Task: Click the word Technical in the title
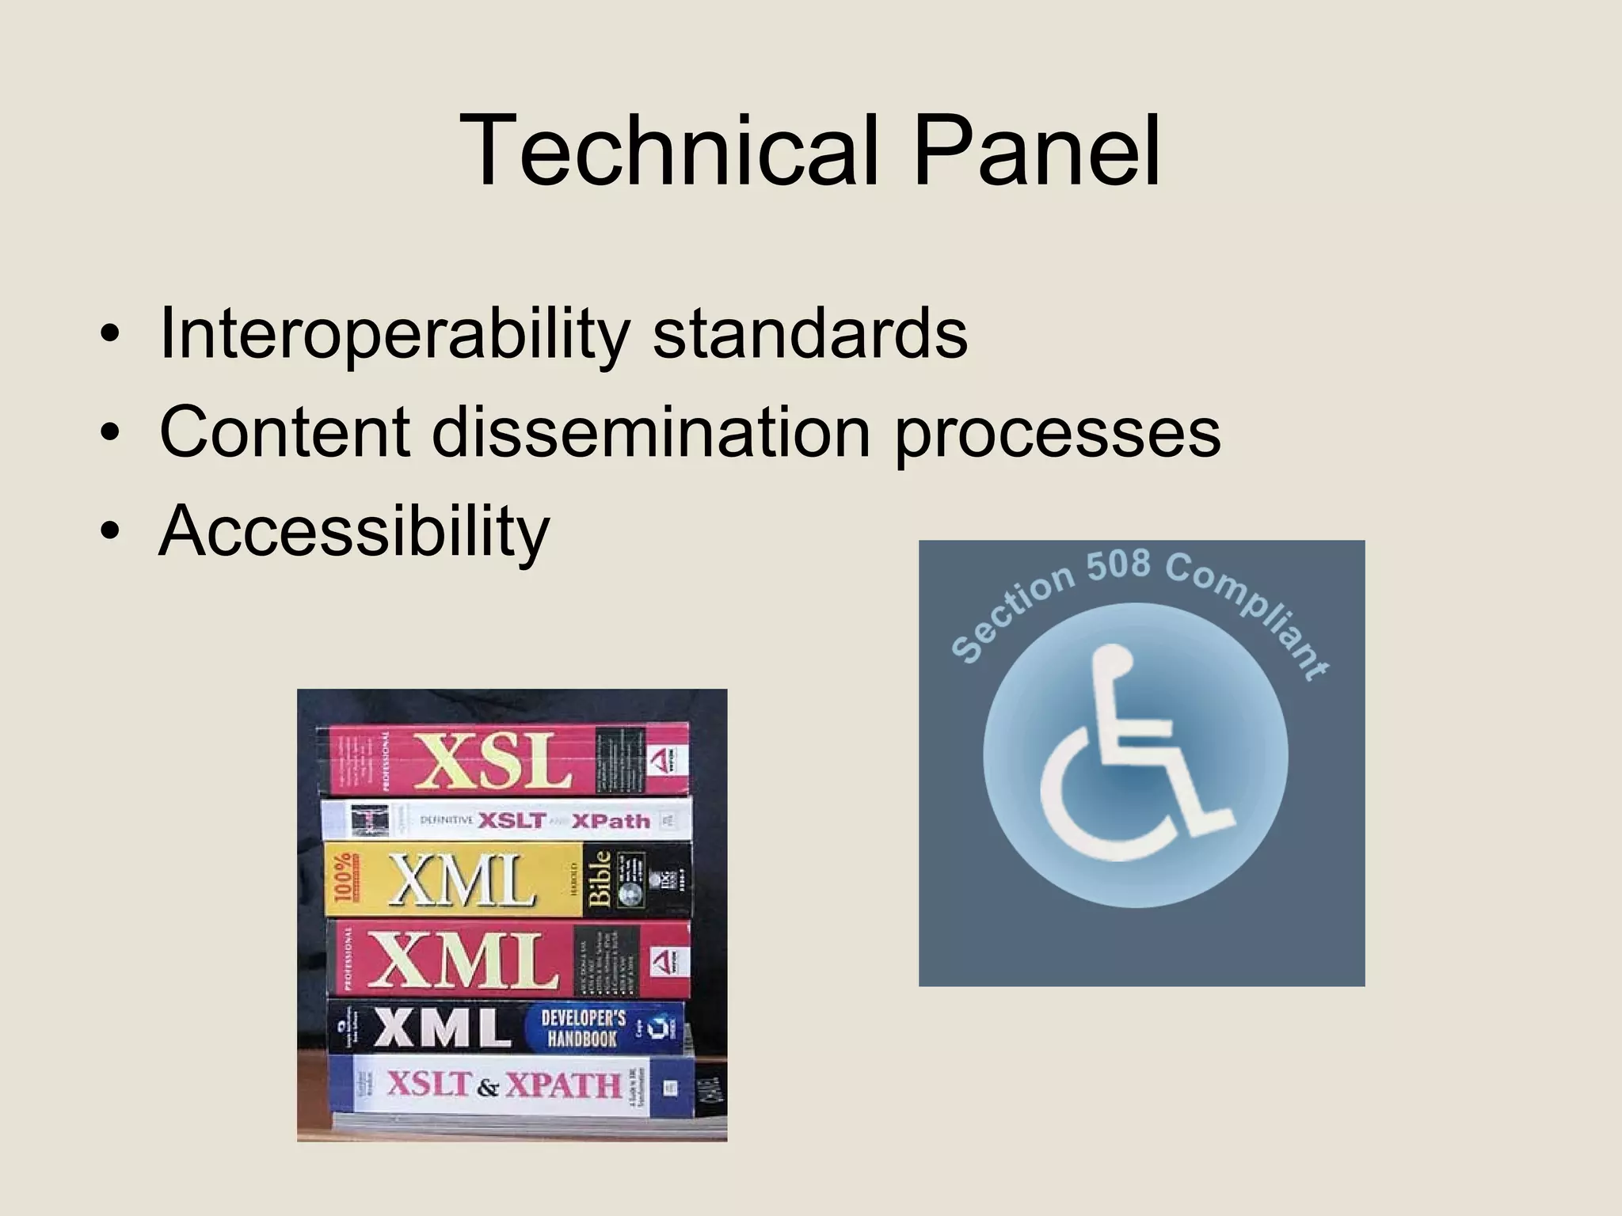[x=669, y=150]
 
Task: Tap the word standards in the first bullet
[x=809, y=332]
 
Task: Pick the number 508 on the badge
[x=1118, y=565]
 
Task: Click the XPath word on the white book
[x=611, y=821]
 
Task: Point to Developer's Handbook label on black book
[x=583, y=1028]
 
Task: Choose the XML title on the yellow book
[x=461, y=880]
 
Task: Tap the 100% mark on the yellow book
[x=344, y=879]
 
